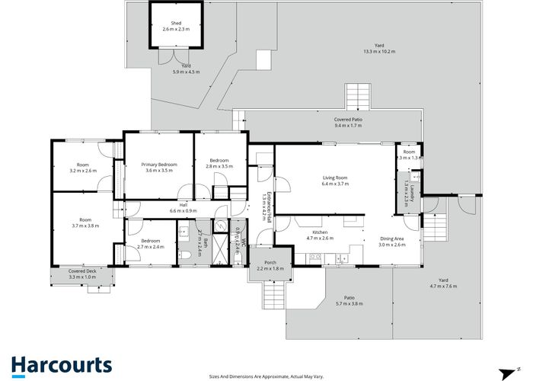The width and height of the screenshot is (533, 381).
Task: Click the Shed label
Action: pyautogui.click(x=175, y=23)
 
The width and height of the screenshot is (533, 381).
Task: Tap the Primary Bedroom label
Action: pyautogui.click(x=161, y=165)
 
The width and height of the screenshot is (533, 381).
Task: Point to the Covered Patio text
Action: pyautogui.click(x=348, y=120)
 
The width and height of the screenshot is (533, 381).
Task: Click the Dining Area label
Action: pyautogui.click(x=392, y=239)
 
